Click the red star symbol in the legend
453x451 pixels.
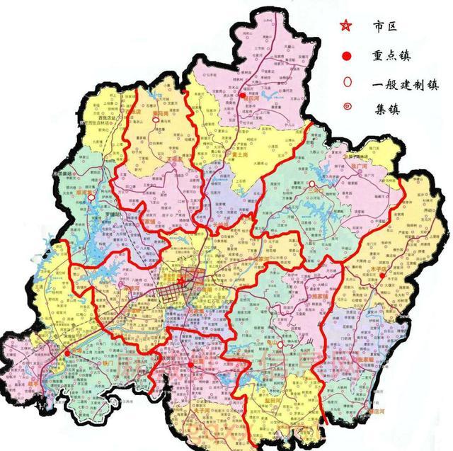click(x=345, y=26)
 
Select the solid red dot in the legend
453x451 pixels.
click(x=345, y=55)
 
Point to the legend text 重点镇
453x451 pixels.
click(x=394, y=55)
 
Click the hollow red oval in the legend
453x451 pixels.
click(x=345, y=83)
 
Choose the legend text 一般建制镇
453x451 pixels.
click(x=404, y=84)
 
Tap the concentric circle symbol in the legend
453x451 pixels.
click(x=345, y=110)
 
